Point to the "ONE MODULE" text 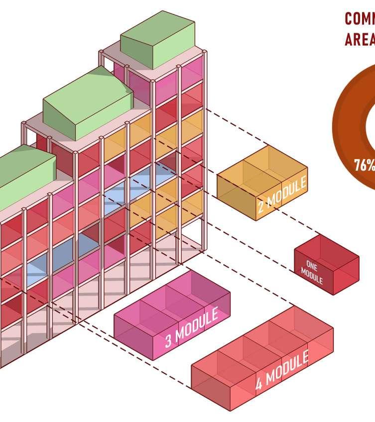[x=312, y=273]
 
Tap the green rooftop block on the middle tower [x=87, y=105]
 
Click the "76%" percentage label [x=364, y=165]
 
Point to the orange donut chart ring [x=349, y=124]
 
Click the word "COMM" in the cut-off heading [x=360, y=19]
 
